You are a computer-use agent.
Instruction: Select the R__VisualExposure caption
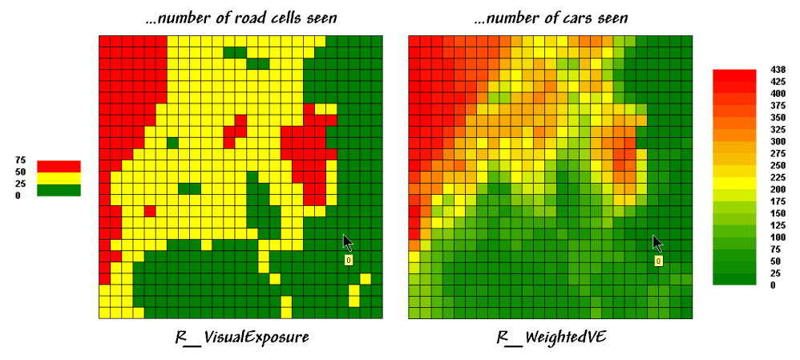coord(241,338)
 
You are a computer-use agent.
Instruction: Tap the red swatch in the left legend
coord(59,166)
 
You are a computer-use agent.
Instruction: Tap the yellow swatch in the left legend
coord(59,178)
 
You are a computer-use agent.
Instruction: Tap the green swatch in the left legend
coord(59,190)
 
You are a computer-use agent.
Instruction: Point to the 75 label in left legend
coord(21,160)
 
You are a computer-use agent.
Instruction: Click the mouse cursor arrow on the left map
coord(347,242)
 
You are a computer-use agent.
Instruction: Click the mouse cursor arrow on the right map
coord(657,242)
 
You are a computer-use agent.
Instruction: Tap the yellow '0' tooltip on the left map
coord(349,261)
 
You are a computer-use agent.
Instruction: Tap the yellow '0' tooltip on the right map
coord(658,261)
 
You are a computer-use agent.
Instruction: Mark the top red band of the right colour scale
coord(734,75)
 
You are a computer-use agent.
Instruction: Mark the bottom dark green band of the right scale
coord(734,279)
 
